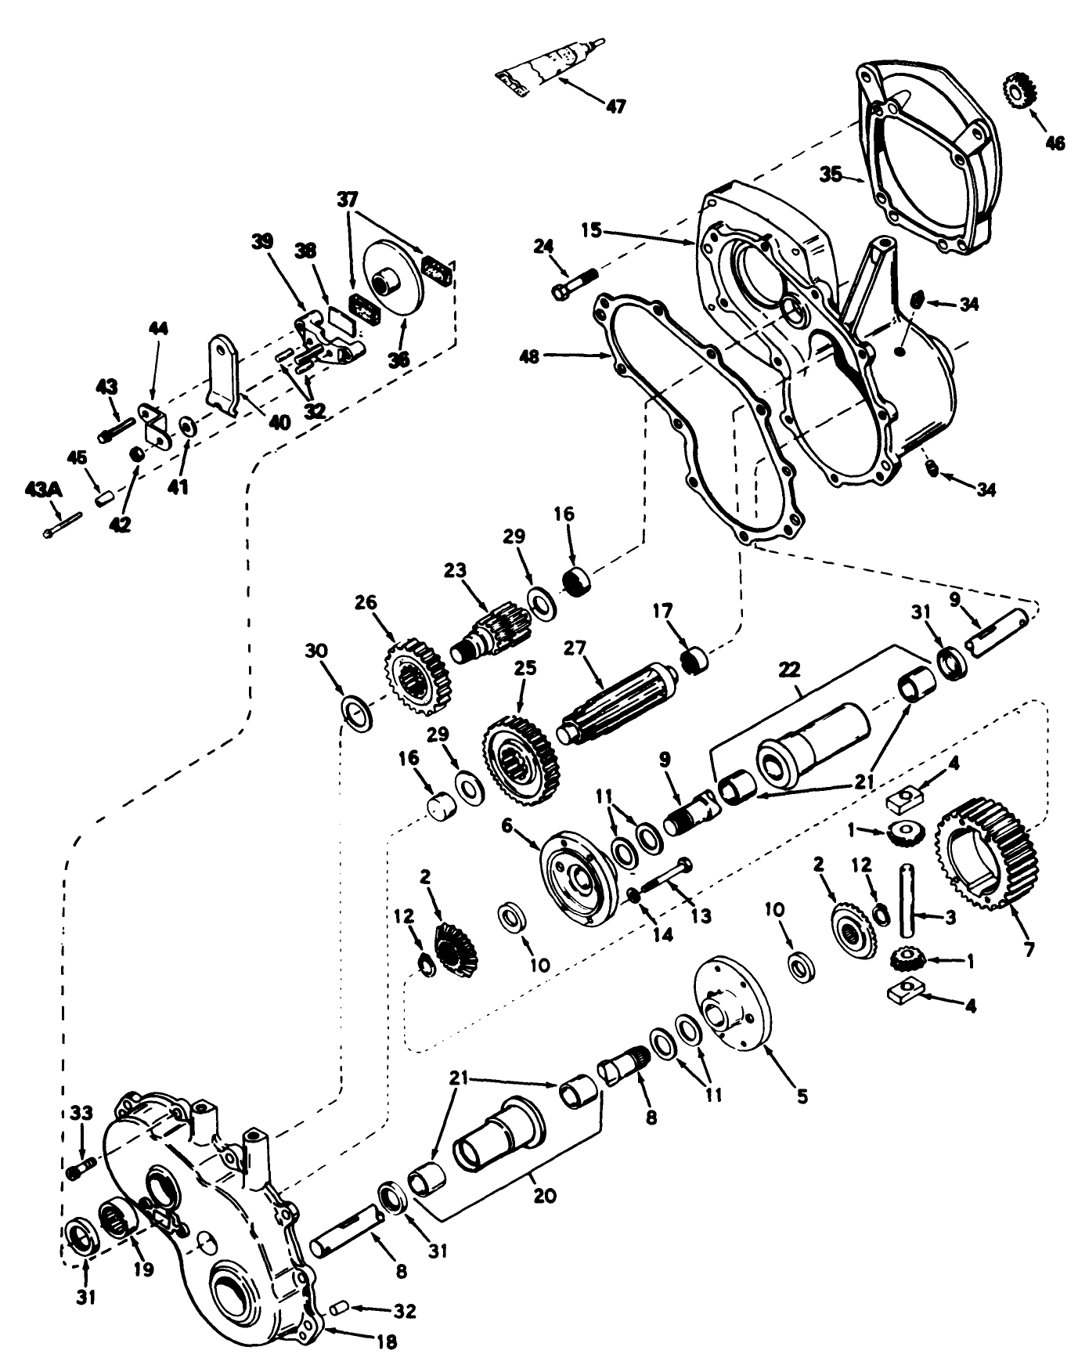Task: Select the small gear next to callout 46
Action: point(1019,91)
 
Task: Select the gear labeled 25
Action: point(523,760)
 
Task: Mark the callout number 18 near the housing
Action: point(381,1341)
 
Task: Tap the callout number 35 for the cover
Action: point(831,173)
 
